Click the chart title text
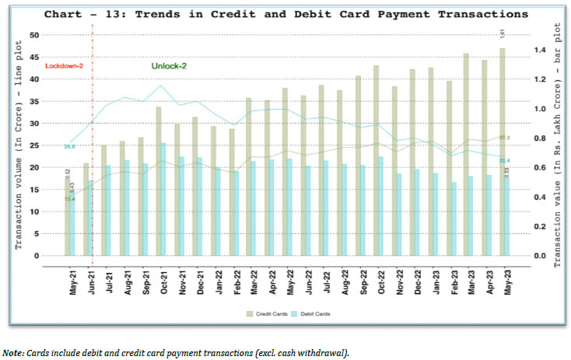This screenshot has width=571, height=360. pos(285,14)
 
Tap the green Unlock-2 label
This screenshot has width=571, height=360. pos(169,67)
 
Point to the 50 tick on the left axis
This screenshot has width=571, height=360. pos(35,35)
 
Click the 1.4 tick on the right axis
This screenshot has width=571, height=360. pos(541,49)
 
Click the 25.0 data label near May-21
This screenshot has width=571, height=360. pos(69,146)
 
